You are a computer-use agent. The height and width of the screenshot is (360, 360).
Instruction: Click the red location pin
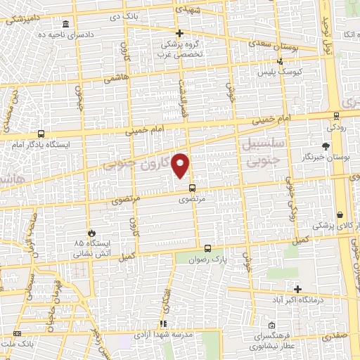[x=181, y=165]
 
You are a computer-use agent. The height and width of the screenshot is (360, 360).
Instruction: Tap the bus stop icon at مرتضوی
[x=192, y=188]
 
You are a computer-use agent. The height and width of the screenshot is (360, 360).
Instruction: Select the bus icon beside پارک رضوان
[x=207, y=248]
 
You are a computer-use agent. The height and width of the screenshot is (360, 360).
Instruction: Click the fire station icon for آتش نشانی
[x=90, y=233]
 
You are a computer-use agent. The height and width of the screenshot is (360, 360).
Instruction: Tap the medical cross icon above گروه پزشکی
[x=179, y=33]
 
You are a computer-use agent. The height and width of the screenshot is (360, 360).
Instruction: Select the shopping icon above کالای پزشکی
[x=340, y=214]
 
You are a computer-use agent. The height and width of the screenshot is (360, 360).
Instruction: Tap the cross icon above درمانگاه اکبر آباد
[x=298, y=289]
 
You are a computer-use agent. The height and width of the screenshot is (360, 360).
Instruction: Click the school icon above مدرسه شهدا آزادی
[x=163, y=324]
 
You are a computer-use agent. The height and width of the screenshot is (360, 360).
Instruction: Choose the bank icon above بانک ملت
[x=16, y=333]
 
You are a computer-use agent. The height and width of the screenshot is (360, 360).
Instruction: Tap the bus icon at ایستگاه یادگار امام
[x=41, y=133]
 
